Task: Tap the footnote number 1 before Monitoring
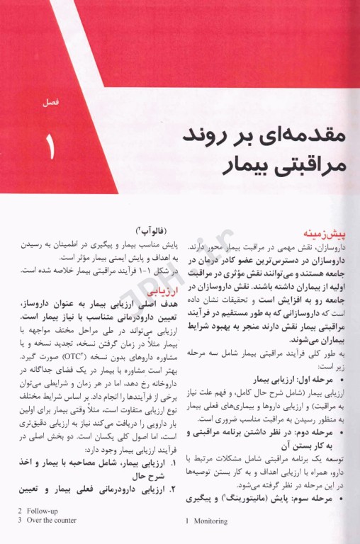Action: (187, 521)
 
